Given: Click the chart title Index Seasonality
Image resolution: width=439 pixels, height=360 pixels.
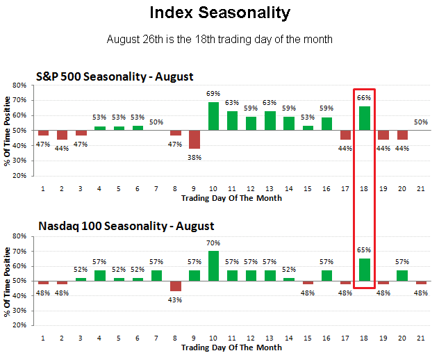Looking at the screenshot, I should tap(219, 13).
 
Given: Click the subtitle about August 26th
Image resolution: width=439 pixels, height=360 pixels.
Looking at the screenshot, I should tap(219, 39).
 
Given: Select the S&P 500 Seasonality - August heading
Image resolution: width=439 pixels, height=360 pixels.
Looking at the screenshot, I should tap(115, 76).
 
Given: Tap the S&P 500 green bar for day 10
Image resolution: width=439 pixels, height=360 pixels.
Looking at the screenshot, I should tap(213, 116).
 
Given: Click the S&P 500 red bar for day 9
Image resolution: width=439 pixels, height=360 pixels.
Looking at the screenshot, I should tap(194, 140).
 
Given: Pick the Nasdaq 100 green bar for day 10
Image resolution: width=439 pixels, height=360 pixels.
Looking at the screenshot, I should tap(213, 266).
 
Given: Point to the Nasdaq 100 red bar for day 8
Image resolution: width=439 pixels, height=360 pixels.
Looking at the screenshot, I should tap(176, 286).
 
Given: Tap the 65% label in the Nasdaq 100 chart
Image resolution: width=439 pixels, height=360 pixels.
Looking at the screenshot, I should tap(364, 249).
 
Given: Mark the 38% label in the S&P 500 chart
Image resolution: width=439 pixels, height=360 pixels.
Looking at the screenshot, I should tap(194, 157).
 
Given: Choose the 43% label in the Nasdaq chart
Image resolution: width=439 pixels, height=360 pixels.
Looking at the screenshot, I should tap(176, 300).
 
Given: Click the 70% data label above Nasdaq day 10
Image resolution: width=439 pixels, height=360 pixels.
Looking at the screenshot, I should tap(213, 243).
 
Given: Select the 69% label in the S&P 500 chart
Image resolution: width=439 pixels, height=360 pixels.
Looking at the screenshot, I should tap(213, 94).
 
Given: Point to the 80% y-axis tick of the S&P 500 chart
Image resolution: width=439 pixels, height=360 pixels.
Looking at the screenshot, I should tap(19, 85).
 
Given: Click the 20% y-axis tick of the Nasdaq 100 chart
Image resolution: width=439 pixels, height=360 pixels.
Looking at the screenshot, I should tap(19, 325).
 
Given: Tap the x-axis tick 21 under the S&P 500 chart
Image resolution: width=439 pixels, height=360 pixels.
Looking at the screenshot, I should tap(421, 188).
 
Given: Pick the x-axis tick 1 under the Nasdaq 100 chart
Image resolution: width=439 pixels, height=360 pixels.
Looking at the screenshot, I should tap(43, 338).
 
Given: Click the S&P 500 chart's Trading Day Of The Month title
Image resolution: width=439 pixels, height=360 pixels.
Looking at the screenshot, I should tap(231, 198).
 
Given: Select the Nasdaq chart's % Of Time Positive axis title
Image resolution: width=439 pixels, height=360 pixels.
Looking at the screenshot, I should tap(7, 281).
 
